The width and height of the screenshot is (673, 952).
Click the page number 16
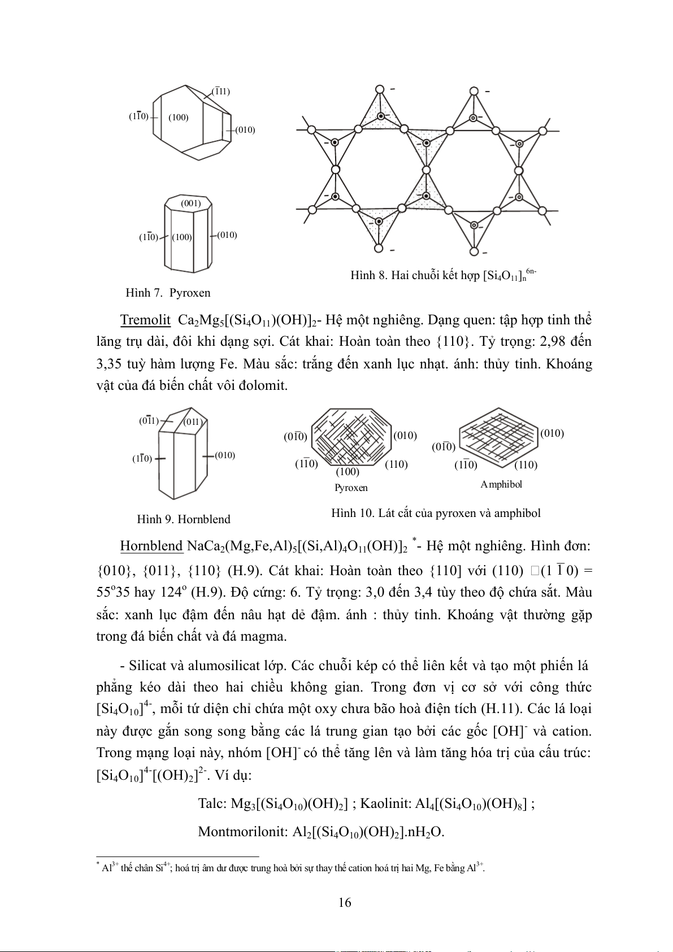pyautogui.click(x=345, y=902)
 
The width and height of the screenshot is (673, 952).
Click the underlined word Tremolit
pyautogui.click(x=145, y=320)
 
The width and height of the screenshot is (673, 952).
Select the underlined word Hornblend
pyautogui.click(x=151, y=546)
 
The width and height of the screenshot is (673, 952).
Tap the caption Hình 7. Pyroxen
pyautogui.click(x=168, y=293)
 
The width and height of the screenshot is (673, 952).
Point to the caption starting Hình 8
pyautogui.click(x=443, y=275)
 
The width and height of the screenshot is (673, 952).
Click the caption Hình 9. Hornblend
pyautogui.click(x=184, y=519)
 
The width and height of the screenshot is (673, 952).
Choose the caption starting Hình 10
pyautogui.click(x=436, y=513)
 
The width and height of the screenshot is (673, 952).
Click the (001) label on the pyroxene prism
pyautogui.click(x=191, y=203)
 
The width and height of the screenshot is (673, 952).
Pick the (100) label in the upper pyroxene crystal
pyautogui.click(x=179, y=118)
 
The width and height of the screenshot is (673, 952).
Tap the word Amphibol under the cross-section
pyautogui.click(x=501, y=484)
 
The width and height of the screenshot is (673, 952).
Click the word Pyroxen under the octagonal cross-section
pyautogui.click(x=351, y=488)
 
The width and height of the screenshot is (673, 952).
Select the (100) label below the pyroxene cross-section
pyautogui.click(x=348, y=472)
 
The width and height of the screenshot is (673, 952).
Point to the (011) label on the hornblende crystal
pyautogui.click(x=193, y=422)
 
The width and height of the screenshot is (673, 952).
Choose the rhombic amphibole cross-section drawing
pyautogui.click(x=498, y=438)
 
